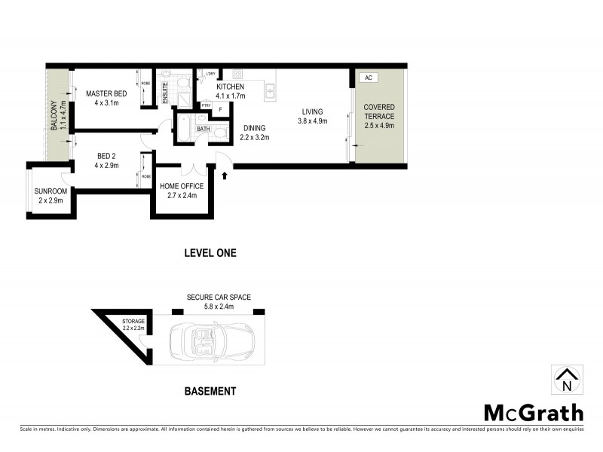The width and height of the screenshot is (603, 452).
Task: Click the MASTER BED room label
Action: pyautogui.click(x=106, y=93)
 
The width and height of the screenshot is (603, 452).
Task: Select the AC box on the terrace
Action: pyautogui.click(x=367, y=78)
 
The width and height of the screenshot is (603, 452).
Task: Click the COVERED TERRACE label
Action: pyautogui.click(x=379, y=111)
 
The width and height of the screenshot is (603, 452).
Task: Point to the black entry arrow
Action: pyautogui.click(x=224, y=175)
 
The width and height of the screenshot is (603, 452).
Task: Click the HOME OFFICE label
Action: pyautogui.click(x=182, y=186)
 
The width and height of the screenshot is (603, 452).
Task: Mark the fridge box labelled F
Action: pyautogui.click(x=220, y=109)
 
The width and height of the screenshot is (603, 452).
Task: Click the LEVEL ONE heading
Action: pyautogui.click(x=210, y=253)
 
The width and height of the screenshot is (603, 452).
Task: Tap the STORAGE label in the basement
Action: pyautogui.click(x=134, y=321)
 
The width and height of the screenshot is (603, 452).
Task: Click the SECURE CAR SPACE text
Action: pyautogui.click(x=219, y=298)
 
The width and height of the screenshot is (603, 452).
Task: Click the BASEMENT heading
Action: pyautogui.click(x=210, y=391)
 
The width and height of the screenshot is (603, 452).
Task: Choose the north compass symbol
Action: pyautogui.click(x=566, y=380)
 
